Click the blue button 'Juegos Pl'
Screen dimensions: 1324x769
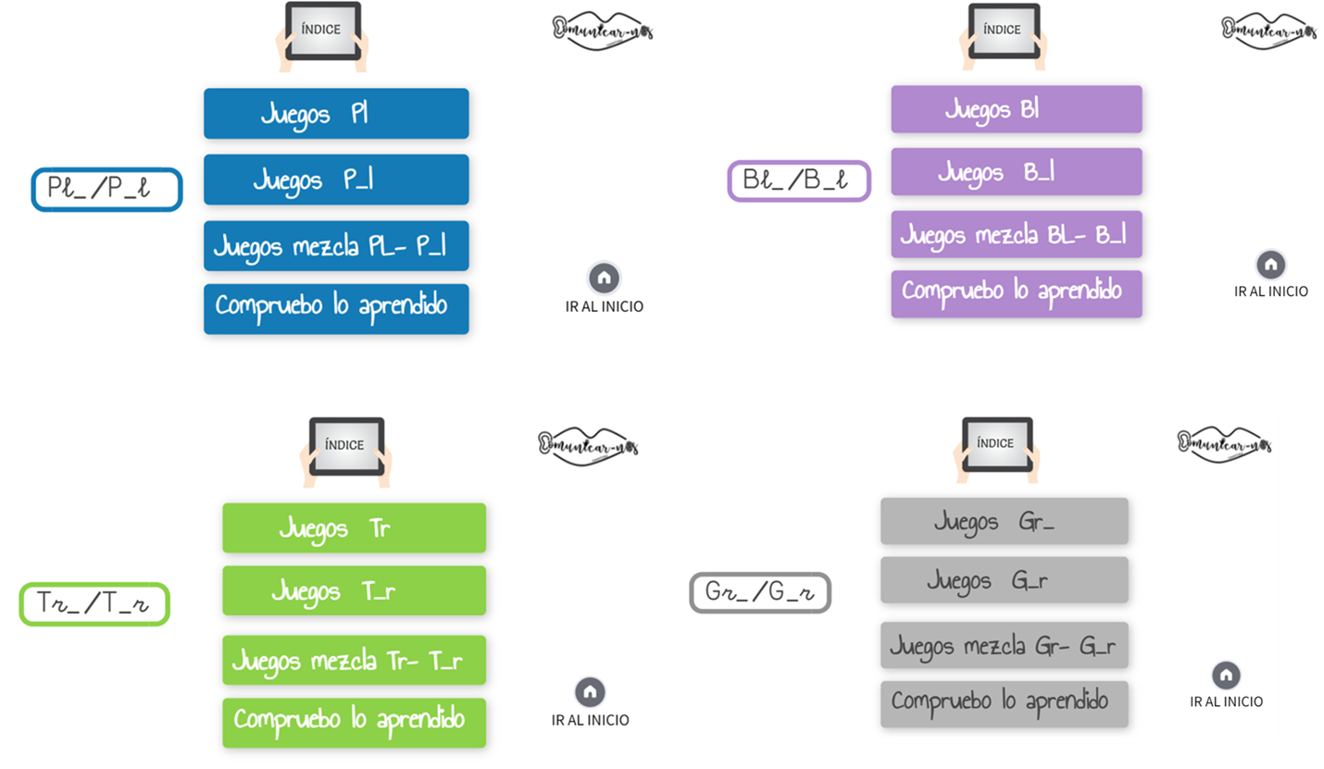coord(336,114)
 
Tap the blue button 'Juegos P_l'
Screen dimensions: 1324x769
coord(336,180)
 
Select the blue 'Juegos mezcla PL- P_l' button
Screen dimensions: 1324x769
coord(336,246)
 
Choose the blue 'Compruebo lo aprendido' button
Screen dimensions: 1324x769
coord(336,308)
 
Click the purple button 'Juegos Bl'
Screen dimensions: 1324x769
coord(1016,109)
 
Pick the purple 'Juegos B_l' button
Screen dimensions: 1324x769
coord(1016,172)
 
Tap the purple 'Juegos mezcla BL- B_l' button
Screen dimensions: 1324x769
coord(1016,235)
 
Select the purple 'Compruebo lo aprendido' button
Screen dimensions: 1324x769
coord(1016,293)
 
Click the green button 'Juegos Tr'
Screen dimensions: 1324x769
coord(354,528)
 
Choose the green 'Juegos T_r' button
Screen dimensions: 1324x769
coord(354,590)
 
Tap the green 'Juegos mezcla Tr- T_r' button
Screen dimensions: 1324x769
coord(354,661)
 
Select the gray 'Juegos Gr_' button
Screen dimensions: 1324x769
coord(1004,521)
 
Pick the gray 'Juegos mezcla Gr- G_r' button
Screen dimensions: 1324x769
coord(1004,645)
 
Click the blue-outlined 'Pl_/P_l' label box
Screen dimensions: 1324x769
coord(106,189)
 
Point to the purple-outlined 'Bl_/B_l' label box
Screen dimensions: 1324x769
coord(799,180)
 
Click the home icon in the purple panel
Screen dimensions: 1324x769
coord(1270,265)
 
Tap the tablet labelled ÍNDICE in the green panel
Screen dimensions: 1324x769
coord(344,447)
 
